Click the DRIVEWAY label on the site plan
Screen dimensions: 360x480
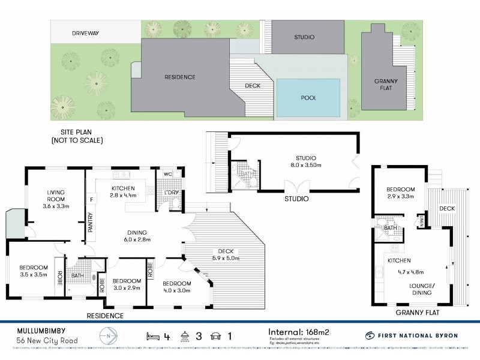click(84, 34)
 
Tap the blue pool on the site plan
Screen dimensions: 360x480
click(308, 97)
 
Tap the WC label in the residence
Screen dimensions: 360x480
click(168, 175)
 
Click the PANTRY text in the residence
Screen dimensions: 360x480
click(91, 222)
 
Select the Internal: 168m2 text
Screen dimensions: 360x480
click(298, 331)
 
